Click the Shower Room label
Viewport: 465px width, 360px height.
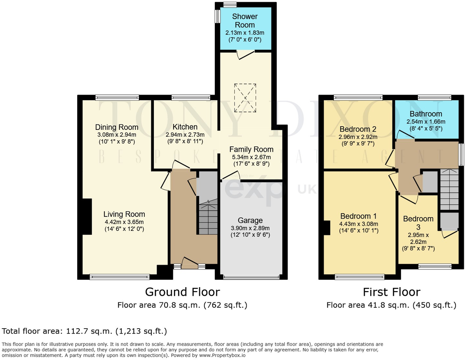[x=245, y=21]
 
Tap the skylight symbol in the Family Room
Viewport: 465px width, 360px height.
[x=245, y=98]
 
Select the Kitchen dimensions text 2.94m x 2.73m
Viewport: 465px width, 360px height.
[x=185, y=135]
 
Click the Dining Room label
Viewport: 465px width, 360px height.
[x=117, y=127]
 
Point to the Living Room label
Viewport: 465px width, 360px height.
[x=124, y=214]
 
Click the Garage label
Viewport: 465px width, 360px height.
[x=250, y=220]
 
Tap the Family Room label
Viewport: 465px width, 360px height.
[x=251, y=149]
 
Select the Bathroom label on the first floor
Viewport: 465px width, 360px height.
[x=426, y=114]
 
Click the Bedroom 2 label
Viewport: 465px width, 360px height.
[x=358, y=129]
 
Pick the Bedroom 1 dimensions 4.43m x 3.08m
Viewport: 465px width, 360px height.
[x=358, y=224]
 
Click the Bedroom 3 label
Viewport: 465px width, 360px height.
[x=418, y=223]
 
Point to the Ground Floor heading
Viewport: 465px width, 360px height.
[x=182, y=292]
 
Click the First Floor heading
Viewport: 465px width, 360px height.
[x=391, y=292]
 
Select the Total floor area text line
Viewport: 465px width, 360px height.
[x=84, y=331]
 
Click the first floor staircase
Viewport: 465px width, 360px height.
[x=449, y=189]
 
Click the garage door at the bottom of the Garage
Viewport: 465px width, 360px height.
[x=251, y=277]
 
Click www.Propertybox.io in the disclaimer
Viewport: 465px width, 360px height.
[x=222, y=355]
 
